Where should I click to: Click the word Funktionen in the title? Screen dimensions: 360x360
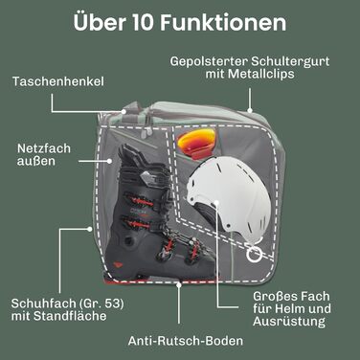[x=223, y=22]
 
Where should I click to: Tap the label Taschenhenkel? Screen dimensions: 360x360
[x=58, y=81]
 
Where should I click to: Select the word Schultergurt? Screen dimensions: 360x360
[x=290, y=61]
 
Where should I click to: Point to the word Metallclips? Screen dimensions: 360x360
[x=260, y=74]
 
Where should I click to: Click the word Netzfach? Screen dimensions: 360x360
[x=44, y=148]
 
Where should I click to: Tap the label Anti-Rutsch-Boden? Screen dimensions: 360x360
[x=186, y=341]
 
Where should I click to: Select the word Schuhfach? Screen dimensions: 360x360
[x=38, y=304]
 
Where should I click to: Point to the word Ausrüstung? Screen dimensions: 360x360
[x=289, y=322]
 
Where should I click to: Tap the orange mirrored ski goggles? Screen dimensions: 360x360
[x=196, y=142]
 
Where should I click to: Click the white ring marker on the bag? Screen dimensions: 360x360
[x=255, y=254]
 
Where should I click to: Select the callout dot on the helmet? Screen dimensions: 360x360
[x=216, y=202]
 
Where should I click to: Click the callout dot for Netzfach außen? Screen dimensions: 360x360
[x=109, y=161]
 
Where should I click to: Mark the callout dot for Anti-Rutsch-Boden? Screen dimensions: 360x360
[x=179, y=284]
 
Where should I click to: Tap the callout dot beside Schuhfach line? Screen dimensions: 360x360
[x=90, y=229]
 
